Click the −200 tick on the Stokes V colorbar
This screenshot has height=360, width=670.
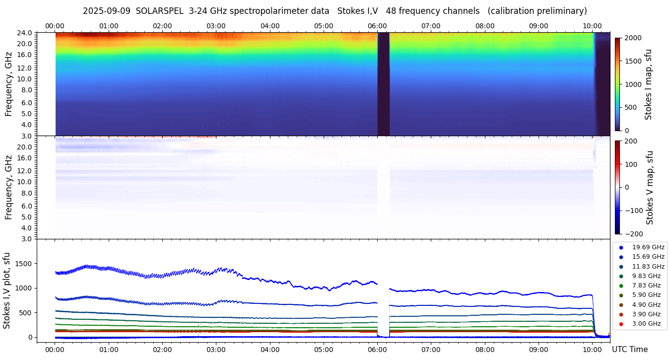tap(633, 234)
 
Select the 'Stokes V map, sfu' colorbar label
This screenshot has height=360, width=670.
tap(650, 187)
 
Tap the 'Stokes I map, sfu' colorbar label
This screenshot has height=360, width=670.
tap(649, 84)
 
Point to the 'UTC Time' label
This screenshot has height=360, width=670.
tap(630, 350)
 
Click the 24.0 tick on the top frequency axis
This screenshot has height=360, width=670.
tap(25, 33)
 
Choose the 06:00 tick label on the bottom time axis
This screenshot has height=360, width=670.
tap(377, 350)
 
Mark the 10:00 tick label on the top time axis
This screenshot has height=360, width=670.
tap(592, 26)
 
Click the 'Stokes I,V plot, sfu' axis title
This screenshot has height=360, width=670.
tap(7, 290)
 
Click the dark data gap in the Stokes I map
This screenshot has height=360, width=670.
tap(383, 84)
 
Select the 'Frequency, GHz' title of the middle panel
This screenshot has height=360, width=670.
tap(8, 187)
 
